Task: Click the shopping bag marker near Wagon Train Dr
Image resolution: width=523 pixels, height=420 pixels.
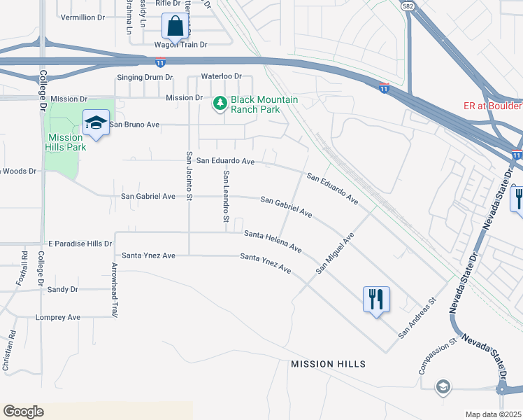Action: click(x=176, y=27)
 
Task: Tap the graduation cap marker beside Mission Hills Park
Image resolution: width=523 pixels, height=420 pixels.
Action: click(x=96, y=124)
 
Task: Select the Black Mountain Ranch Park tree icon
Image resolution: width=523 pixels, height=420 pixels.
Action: click(x=220, y=104)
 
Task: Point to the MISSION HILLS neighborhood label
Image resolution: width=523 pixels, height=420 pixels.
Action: click(x=328, y=365)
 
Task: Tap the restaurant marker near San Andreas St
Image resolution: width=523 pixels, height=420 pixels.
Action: click(x=376, y=300)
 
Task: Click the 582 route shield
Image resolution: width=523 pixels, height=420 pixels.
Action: click(x=407, y=5)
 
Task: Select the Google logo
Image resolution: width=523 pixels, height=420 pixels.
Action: click(x=23, y=412)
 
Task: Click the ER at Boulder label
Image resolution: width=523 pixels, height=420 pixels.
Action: click(x=492, y=106)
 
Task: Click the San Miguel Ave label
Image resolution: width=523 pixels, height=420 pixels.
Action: click(x=335, y=253)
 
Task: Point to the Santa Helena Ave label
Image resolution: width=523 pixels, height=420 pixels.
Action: click(x=273, y=241)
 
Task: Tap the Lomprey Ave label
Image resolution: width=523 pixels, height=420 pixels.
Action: click(x=58, y=317)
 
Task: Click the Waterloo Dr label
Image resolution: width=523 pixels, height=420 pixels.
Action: click(x=221, y=76)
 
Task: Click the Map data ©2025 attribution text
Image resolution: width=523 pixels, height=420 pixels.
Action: click(x=492, y=414)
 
